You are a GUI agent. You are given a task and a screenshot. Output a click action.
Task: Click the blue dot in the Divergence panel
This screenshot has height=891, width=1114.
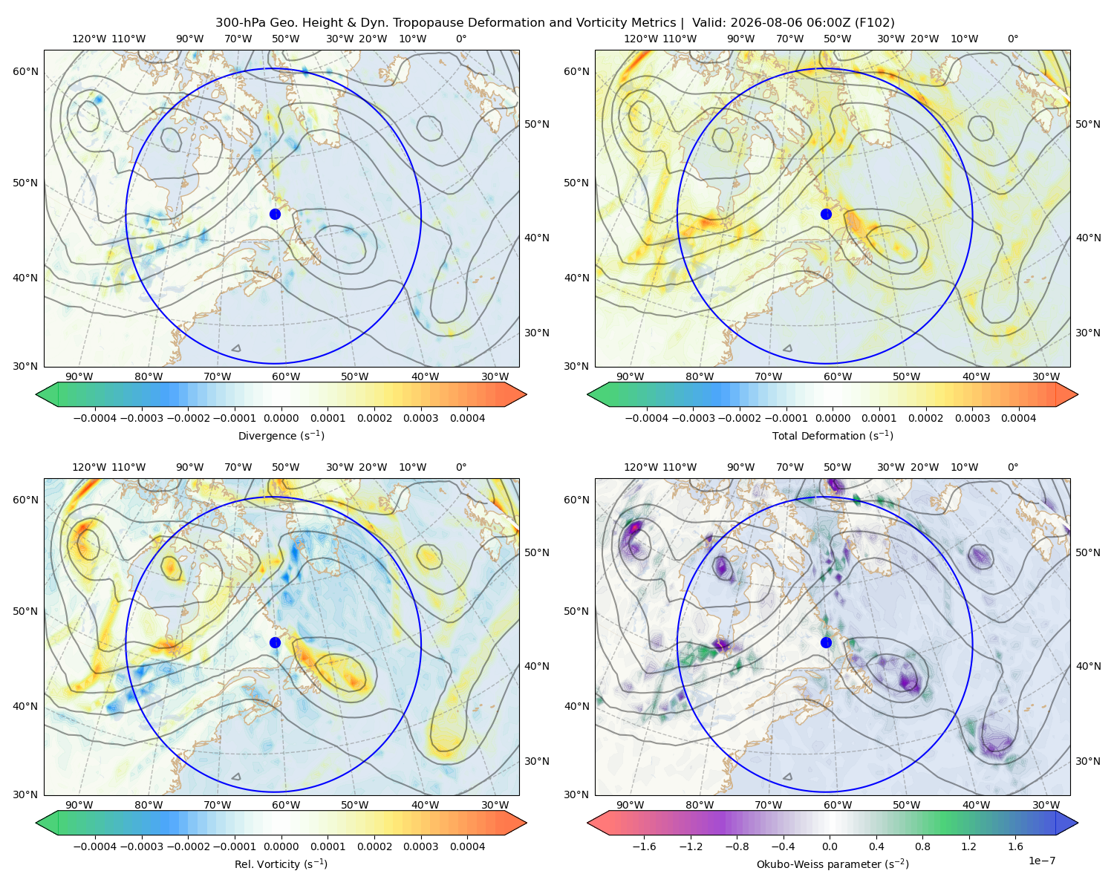click(275, 214)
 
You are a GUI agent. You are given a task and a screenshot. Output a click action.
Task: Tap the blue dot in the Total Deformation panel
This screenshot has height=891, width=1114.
click(826, 214)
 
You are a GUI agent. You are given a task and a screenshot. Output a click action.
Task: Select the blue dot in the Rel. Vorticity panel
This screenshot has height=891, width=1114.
click(275, 642)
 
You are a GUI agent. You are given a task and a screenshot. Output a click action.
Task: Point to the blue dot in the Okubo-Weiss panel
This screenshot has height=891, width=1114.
click(826, 642)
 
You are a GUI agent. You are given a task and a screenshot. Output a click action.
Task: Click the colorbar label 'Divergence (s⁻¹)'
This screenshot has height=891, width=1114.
click(281, 435)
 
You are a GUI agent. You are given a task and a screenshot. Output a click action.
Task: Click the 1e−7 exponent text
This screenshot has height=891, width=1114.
click(1041, 861)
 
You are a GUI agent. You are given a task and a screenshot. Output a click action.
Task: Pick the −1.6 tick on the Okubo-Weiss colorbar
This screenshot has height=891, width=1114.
click(644, 846)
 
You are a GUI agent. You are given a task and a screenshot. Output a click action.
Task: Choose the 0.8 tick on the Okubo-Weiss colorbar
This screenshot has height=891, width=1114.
click(922, 846)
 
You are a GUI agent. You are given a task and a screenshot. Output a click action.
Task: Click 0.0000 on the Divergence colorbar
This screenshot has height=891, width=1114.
click(281, 418)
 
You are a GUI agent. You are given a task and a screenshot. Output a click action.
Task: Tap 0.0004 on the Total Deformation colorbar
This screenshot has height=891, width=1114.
click(1018, 418)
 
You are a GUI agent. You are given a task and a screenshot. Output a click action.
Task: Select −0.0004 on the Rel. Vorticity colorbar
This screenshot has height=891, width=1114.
click(95, 846)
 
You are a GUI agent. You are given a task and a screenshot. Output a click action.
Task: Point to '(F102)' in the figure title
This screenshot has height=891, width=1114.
click(875, 23)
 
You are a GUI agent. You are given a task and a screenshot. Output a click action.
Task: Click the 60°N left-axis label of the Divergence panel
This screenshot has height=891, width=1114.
click(25, 71)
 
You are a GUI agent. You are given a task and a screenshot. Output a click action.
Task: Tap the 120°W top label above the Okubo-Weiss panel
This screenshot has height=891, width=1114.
click(640, 467)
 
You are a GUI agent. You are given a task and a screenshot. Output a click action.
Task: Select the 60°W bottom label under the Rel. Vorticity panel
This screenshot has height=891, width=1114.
click(286, 805)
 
